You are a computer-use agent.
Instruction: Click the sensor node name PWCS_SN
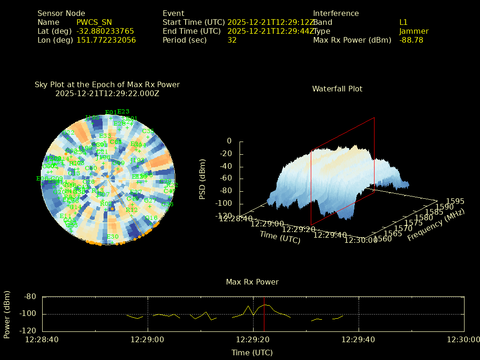(x=94, y=22)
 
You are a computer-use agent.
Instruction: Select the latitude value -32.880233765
(x=105, y=31)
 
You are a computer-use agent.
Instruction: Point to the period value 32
(x=232, y=40)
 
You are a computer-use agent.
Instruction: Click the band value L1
(x=403, y=22)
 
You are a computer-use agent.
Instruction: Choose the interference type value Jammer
(x=413, y=31)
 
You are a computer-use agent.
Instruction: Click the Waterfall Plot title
(x=337, y=89)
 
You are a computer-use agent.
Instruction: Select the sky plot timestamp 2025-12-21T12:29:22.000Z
(x=107, y=93)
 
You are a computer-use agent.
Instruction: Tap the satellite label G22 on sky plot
(x=68, y=133)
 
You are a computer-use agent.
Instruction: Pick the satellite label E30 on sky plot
(x=112, y=236)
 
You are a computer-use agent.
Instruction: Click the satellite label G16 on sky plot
(x=151, y=218)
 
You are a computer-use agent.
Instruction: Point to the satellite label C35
(x=148, y=131)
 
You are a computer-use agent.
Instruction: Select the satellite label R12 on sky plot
(x=132, y=210)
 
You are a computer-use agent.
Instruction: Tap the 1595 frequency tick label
(x=455, y=201)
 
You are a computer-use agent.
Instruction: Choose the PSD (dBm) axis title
(x=202, y=179)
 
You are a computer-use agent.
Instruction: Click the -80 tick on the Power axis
(x=30, y=296)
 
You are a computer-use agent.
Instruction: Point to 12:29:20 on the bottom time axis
(x=254, y=339)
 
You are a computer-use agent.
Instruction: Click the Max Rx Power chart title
(x=252, y=282)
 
